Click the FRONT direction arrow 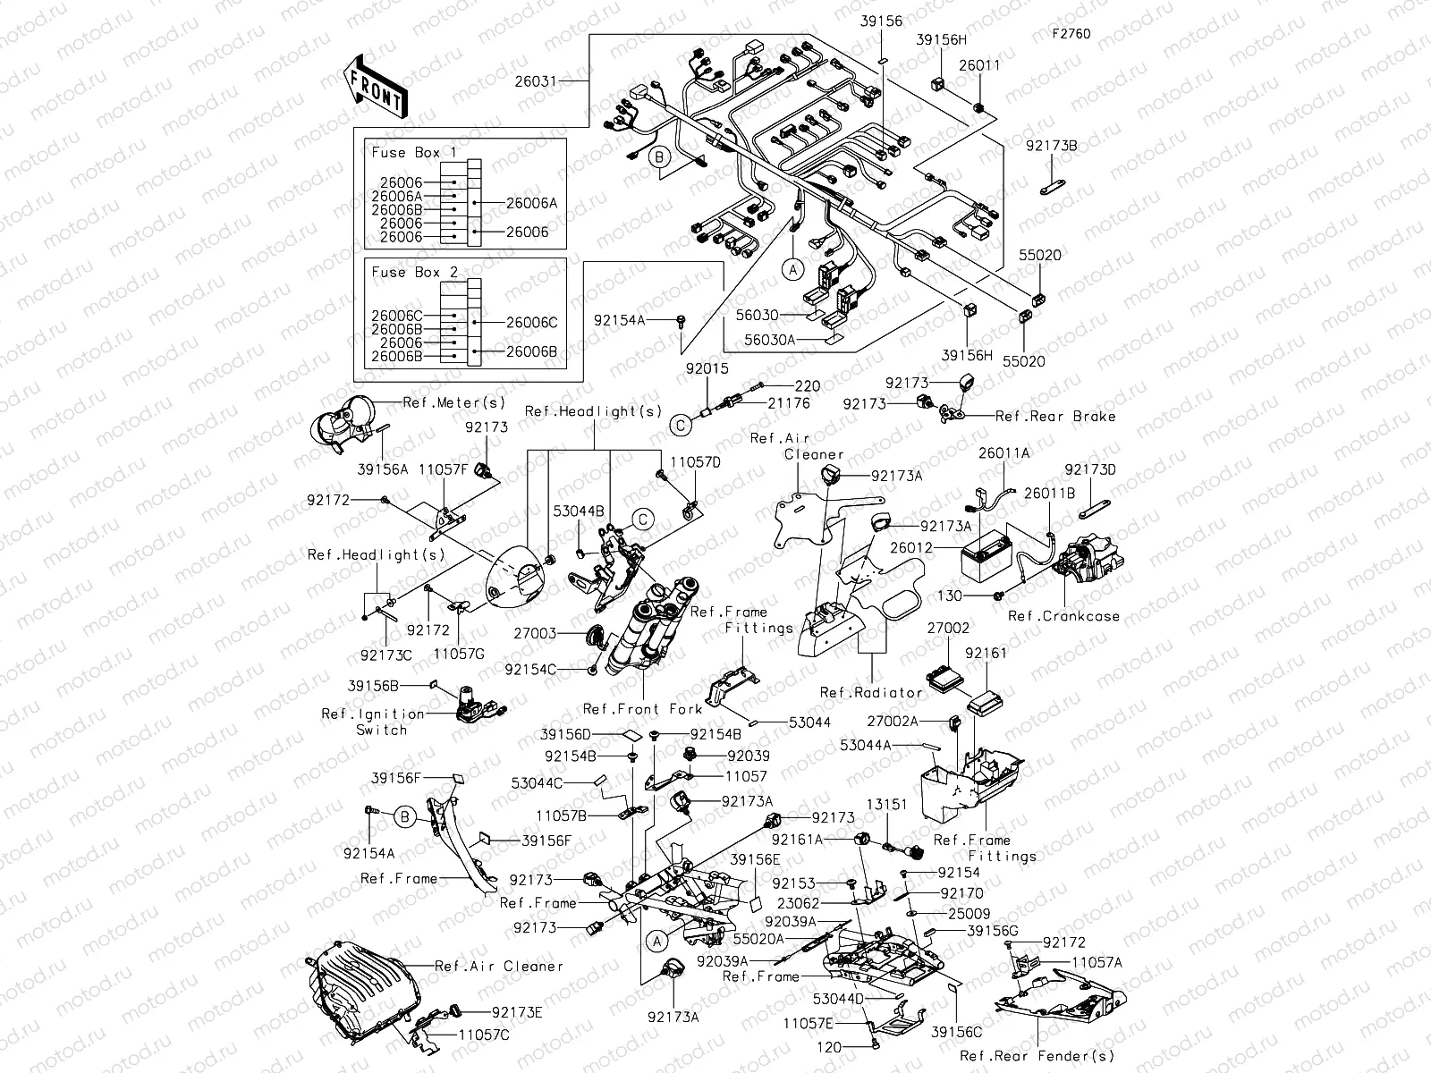coord(375,86)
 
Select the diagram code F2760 coord(1071,35)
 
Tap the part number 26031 coord(535,80)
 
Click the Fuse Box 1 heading coord(413,152)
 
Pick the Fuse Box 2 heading coord(413,272)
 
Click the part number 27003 coord(535,633)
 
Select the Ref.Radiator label coord(870,692)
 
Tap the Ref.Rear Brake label coord(1055,416)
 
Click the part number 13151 coord(886,804)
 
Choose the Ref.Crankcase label coord(1063,616)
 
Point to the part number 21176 coord(788,403)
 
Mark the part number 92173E coord(516,1012)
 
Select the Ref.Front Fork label coord(642,709)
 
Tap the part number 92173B coord(1051,144)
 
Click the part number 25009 coord(961,914)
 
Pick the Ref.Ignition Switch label coord(373,722)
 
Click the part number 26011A coord(1003,453)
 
